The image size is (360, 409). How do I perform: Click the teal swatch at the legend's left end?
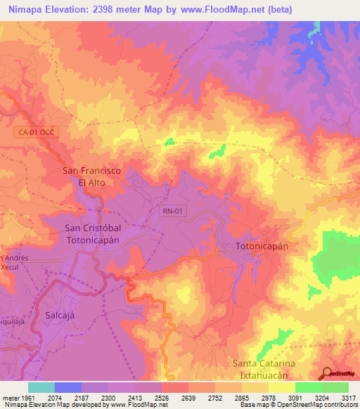click(x=41, y=388)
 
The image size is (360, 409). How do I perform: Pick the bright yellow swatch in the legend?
click(x=281, y=388)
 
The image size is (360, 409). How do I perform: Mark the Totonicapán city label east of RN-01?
click(x=262, y=247)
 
